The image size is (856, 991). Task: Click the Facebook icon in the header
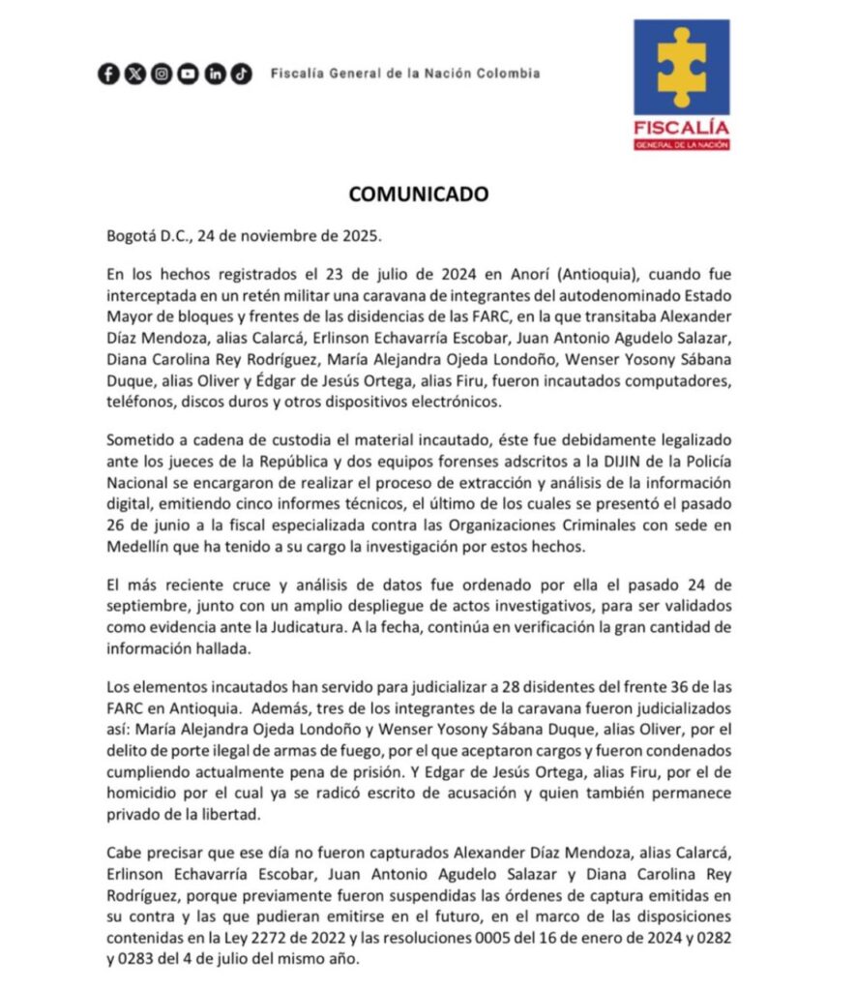(x=108, y=74)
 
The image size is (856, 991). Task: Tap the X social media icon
(x=134, y=74)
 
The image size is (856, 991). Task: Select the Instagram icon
(x=162, y=74)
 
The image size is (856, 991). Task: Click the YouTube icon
(x=188, y=74)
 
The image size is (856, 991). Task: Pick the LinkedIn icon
(x=215, y=74)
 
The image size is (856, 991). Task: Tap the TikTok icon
(x=241, y=74)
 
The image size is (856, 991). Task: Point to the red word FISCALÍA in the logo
(x=682, y=127)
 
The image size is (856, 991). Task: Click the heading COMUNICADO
(x=419, y=194)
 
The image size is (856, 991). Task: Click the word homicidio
(x=144, y=794)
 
